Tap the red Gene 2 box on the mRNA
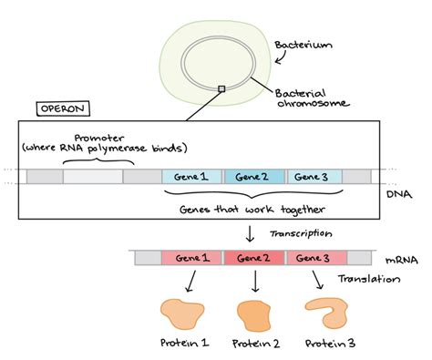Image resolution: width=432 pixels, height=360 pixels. (x=254, y=258)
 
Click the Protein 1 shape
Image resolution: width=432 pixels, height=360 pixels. (x=185, y=313)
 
